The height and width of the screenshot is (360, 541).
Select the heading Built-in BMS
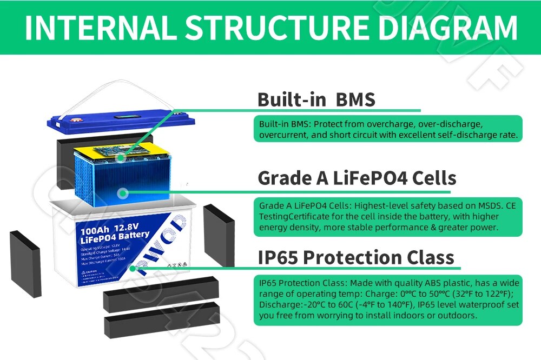pyautogui.click(x=316, y=99)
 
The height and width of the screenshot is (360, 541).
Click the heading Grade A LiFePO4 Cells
pyautogui.click(x=357, y=178)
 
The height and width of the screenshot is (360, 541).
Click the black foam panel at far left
pyautogui.click(x=25, y=263)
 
